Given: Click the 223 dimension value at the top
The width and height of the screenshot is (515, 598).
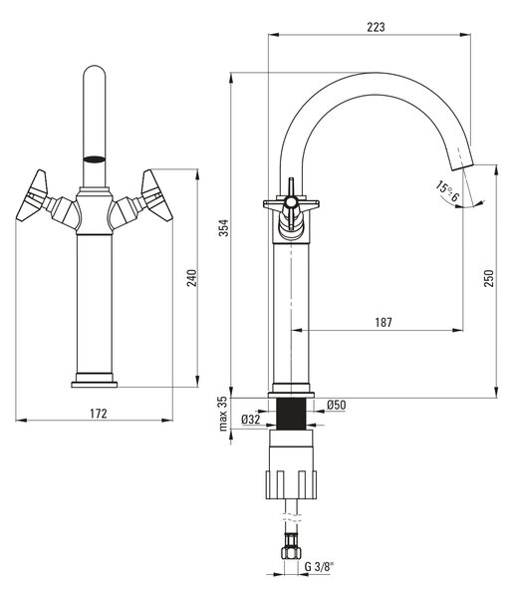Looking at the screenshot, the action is pyautogui.click(x=376, y=27).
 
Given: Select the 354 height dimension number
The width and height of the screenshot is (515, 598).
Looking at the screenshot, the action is pyautogui.click(x=224, y=227).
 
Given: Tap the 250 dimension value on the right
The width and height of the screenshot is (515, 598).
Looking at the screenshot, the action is pyautogui.click(x=489, y=278).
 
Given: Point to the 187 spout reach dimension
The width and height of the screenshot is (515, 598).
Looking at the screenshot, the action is pyautogui.click(x=384, y=323).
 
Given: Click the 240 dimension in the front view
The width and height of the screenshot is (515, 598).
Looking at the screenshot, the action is pyautogui.click(x=191, y=278).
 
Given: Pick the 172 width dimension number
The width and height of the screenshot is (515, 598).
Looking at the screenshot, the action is pyautogui.click(x=99, y=414).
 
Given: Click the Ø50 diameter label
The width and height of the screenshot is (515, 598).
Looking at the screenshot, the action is pyautogui.click(x=337, y=405).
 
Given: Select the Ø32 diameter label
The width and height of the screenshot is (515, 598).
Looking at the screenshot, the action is pyautogui.click(x=250, y=420).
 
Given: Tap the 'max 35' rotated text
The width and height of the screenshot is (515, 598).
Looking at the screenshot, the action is pyautogui.click(x=223, y=415).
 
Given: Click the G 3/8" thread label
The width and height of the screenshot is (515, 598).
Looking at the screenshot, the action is pyautogui.click(x=319, y=567).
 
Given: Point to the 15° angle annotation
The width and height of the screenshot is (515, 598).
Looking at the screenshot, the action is pyautogui.click(x=448, y=191).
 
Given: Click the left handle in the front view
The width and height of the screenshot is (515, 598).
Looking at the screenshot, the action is pyautogui.click(x=33, y=195).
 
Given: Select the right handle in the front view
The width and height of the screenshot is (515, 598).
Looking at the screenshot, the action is pyautogui.click(x=156, y=195).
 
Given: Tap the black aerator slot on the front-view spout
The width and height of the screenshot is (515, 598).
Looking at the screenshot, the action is pyautogui.click(x=94, y=159).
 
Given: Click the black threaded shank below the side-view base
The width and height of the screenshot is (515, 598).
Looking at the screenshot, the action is pyautogui.click(x=291, y=414).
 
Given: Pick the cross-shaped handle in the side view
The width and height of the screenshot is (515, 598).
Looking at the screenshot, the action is pyautogui.click(x=291, y=206).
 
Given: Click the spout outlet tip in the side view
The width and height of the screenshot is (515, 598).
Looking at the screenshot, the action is pyautogui.click(x=462, y=164).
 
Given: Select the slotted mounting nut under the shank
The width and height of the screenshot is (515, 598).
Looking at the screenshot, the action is pyautogui.click(x=291, y=484).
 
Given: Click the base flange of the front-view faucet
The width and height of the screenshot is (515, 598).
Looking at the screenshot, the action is pyautogui.click(x=95, y=385).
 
